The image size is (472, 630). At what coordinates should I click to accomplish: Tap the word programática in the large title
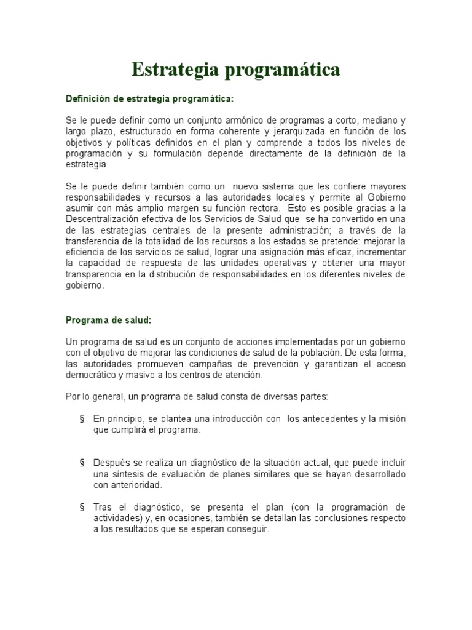click(282, 71)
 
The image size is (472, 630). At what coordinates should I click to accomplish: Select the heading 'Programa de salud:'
click(108, 321)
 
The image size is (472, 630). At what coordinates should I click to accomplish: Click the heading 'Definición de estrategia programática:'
click(150, 98)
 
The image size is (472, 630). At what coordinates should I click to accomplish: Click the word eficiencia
click(85, 253)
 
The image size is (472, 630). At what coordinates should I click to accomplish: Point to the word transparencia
click(94, 275)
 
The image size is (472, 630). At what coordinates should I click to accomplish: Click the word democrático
click(93, 375)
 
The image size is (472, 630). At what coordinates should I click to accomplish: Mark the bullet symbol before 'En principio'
click(82, 419)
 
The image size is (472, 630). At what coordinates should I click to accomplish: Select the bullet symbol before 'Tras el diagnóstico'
click(82, 508)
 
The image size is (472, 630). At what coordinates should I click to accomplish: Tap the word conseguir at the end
click(249, 530)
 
